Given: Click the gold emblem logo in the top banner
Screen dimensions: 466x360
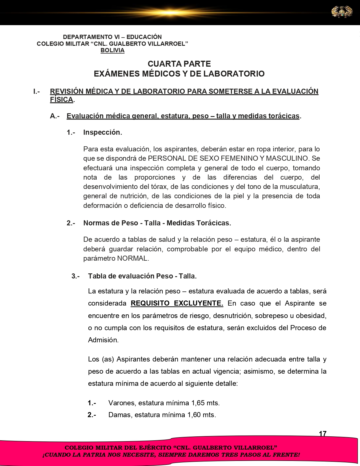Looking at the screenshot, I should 342,12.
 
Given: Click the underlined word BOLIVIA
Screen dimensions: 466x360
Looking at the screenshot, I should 112,50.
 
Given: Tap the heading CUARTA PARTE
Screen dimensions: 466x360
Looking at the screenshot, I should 179,64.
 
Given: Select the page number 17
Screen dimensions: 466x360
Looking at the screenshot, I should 322,434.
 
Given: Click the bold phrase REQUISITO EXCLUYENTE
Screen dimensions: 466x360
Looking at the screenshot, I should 177,303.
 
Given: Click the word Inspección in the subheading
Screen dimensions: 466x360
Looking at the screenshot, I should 102,132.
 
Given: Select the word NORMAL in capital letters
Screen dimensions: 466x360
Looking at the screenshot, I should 132,258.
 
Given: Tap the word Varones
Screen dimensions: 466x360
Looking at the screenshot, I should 122,403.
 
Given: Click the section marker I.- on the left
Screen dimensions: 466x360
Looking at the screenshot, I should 36,92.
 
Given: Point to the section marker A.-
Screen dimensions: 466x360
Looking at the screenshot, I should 55,116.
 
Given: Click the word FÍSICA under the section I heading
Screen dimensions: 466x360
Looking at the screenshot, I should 61,100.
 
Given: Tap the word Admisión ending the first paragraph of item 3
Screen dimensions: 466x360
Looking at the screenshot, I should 103,340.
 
